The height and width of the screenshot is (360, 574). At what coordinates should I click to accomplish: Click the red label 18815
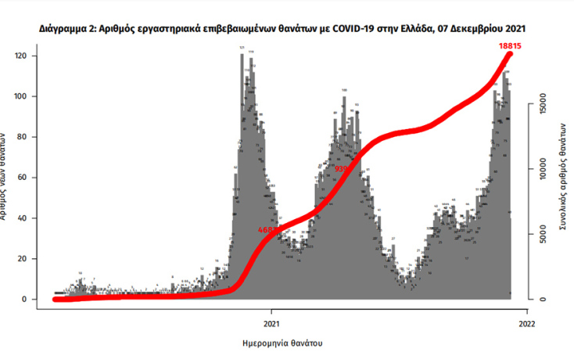[511, 46]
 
